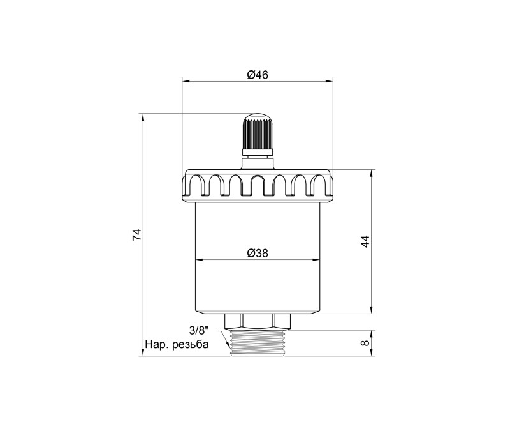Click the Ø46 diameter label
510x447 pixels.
258,75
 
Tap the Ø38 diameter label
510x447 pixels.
258,253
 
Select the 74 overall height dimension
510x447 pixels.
137,235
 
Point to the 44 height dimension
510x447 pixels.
365,241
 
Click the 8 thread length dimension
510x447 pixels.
365,343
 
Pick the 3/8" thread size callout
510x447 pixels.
199,331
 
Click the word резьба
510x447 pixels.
191,344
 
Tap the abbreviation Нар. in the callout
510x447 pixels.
157,344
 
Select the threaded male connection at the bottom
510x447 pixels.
258,343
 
